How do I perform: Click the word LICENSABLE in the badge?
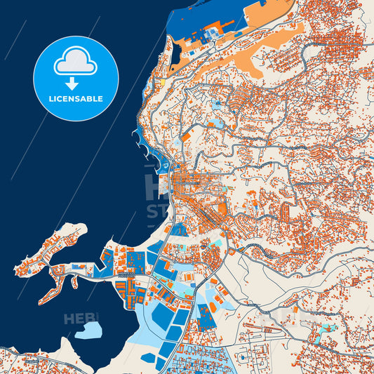[76, 99]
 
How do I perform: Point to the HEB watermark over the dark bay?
[79, 319]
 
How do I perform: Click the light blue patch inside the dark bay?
[88, 329]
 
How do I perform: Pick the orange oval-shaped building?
[209, 309]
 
